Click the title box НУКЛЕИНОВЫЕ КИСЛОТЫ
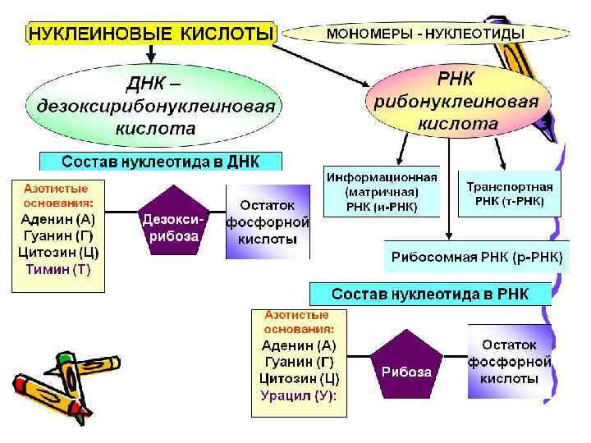point(150,34)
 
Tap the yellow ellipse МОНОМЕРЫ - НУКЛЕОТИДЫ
point(426,34)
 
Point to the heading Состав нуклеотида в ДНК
point(161,162)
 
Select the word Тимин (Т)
point(57,268)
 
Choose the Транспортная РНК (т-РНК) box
point(510,194)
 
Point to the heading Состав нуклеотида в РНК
point(430,293)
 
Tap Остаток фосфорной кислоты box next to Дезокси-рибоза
point(268,221)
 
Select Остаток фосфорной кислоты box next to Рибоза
point(510,363)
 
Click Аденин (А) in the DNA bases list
point(57,219)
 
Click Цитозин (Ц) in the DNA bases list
point(57,252)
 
